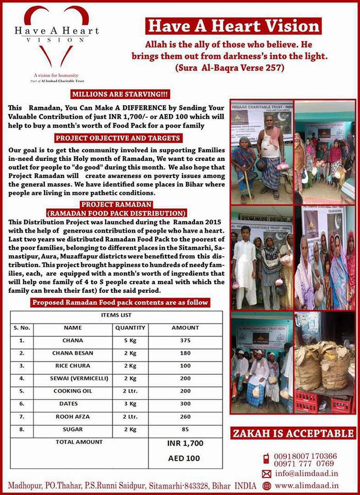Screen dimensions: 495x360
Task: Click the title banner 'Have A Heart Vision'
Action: pos(233,26)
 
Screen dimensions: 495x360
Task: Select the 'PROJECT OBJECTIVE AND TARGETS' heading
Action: pos(118,138)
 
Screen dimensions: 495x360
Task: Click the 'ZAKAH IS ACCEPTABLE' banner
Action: pos(293,433)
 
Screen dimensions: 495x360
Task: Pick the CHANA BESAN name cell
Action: pos(73,353)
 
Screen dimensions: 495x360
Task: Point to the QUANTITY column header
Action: pos(130,327)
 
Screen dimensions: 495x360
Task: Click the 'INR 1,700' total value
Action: pos(185,443)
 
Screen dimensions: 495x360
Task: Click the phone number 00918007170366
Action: pos(305,456)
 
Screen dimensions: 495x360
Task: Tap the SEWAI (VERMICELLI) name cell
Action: pos(73,378)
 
